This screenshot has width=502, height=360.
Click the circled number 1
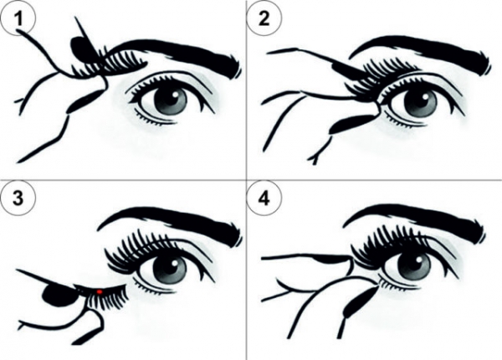click(x=18, y=19)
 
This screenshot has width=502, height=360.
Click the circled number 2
click(x=264, y=19)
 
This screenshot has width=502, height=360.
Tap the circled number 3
click(x=18, y=198)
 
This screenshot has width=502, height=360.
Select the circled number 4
click(x=264, y=199)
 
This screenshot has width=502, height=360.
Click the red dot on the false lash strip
click(x=100, y=291)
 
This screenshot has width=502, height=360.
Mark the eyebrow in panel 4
click(x=416, y=220)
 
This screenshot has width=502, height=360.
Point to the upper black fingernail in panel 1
click(x=83, y=49)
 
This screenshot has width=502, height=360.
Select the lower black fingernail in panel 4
click(x=359, y=301)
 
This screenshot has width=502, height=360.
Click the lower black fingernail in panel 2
click(x=352, y=124)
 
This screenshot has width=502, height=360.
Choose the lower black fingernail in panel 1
click(x=85, y=101)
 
